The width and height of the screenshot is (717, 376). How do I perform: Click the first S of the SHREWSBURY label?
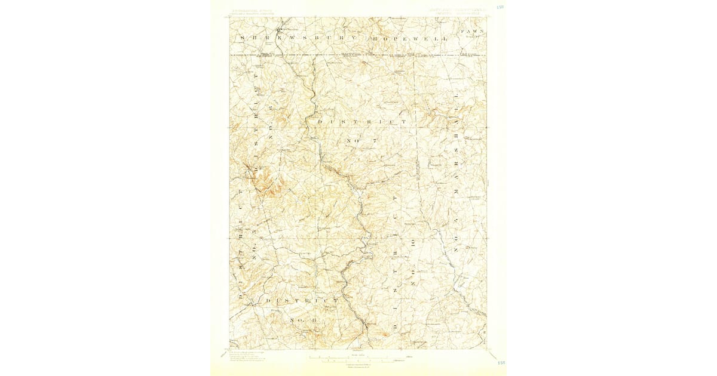pos(242,38)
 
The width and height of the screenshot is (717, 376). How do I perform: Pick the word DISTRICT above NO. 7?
pos(362,122)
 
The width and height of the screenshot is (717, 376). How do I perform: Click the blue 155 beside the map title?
pos(500,8)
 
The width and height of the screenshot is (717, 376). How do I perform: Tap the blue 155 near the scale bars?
pos(501,362)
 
